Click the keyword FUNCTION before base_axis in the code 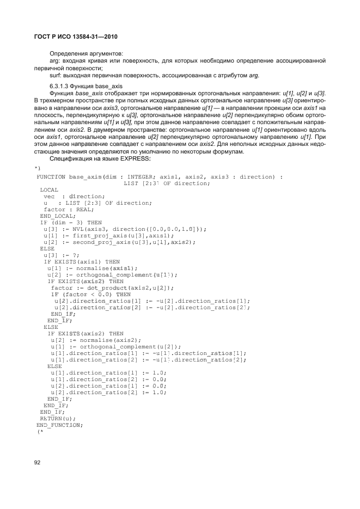[51, 177]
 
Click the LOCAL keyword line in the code [49, 190]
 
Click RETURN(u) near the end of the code [54, 418]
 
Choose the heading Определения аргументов [86, 53]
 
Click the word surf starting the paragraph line [56, 75]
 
